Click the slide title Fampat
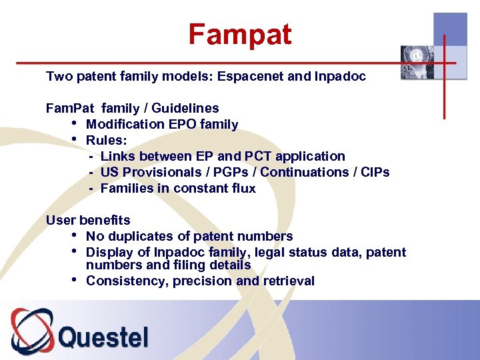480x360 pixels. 239,34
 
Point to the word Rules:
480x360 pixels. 107,140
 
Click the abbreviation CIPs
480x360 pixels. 374,172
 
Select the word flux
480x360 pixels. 241,188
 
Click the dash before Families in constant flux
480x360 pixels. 91,188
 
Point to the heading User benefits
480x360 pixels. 88,220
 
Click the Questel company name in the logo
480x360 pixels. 103,337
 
